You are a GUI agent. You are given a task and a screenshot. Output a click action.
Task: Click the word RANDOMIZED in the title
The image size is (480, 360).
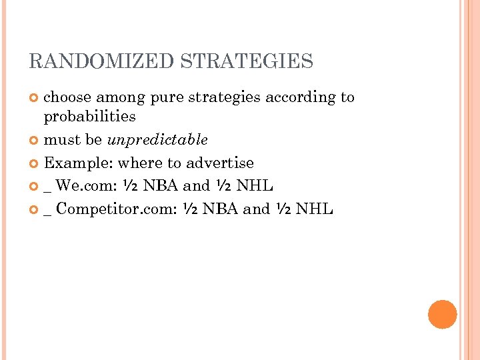point(102,62)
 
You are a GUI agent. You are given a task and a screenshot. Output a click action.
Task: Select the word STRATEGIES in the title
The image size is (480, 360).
point(247,62)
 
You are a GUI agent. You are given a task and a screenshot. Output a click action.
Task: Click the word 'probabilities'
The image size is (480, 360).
point(89,117)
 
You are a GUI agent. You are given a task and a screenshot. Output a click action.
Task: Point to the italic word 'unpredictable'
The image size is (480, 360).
point(157,140)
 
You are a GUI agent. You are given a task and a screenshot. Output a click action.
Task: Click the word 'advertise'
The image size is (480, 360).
point(220,163)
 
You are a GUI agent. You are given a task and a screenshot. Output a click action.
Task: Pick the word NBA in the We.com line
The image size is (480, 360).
point(159,186)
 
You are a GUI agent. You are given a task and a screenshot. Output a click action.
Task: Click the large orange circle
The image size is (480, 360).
point(443,314)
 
